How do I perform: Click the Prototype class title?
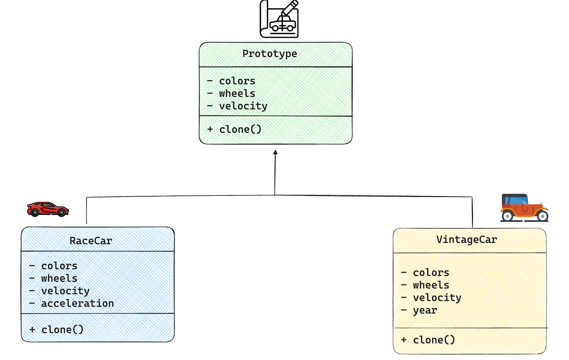tap(269, 54)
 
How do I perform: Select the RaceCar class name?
tap(91, 241)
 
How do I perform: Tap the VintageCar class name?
tap(467, 240)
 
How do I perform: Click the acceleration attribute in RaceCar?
tap(77, 304)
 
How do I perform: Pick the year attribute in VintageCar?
tap(425, 310)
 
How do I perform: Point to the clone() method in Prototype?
tap(240, 130)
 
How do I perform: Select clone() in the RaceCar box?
tap(62, 330)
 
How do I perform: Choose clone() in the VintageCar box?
tap(434, 340)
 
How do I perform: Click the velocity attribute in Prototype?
tap(243, 106)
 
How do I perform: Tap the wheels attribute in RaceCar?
tap(59, 278)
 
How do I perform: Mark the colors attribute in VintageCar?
tap(431, 273)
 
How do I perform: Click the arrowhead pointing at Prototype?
tap(276, 152)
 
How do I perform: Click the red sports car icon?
tap(48, 209)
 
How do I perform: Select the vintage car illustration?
tap(524, 208)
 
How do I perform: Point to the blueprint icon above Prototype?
tap(279, 19)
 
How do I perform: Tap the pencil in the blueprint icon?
tap(290, 8)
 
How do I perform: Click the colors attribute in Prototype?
tap(237, 81)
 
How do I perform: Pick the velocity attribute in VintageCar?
tap(437, 298)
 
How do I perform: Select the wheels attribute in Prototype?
tap(237, 93)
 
